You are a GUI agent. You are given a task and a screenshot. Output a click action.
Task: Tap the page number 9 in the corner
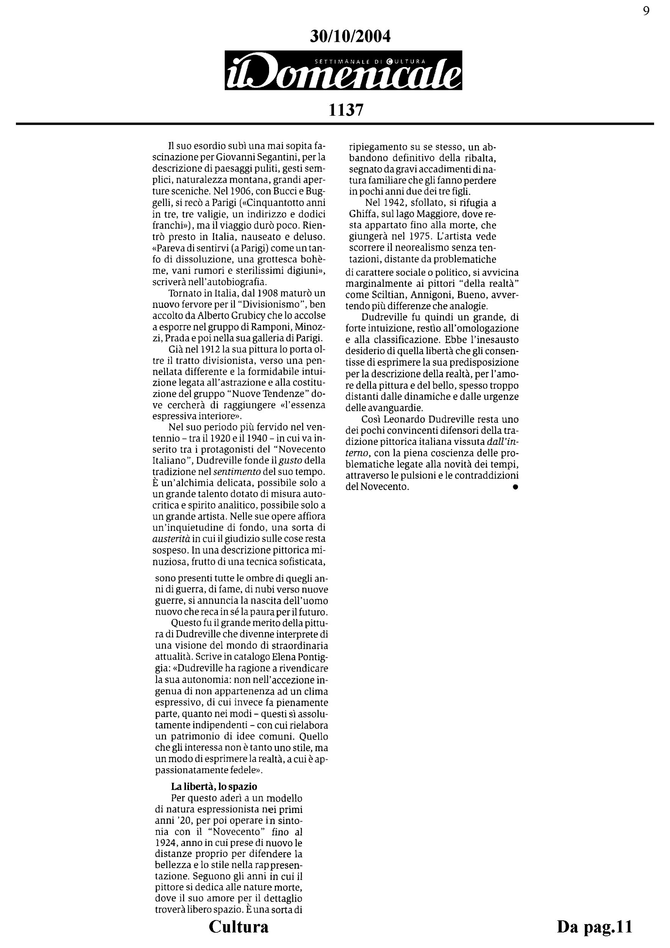646,11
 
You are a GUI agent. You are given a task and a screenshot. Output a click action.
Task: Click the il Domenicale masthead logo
343,71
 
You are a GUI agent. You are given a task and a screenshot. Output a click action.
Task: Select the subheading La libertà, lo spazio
214,786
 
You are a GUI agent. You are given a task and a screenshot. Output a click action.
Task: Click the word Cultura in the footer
238,926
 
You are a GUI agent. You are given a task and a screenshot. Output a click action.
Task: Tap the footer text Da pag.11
594,926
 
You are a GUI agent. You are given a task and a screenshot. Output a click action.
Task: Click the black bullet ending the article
515,487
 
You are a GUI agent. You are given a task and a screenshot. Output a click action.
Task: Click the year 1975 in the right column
414,237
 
